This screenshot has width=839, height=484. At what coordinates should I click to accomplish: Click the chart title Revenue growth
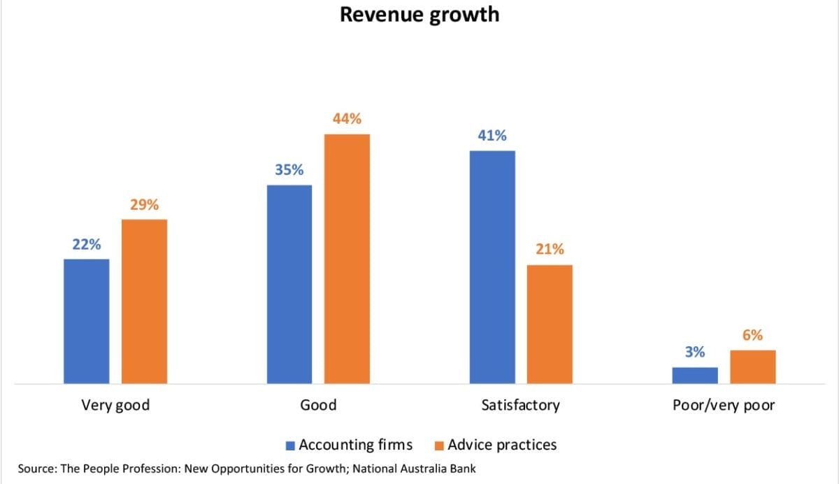point(419,14)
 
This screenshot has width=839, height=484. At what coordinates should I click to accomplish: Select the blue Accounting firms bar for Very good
point(86,321)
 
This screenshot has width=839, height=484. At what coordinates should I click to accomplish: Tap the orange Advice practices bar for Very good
point(144,301)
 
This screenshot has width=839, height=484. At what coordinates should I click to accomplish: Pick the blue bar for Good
point(289,284)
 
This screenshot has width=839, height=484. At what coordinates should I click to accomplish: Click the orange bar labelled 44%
point(347,259)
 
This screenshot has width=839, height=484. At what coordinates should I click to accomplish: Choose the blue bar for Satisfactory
point(492,267)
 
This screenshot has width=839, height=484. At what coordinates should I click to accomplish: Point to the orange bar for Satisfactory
point(550,324)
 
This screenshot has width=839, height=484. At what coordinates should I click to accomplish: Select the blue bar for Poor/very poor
point(695,375)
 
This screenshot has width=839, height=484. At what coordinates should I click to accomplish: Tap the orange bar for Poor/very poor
point(753,366)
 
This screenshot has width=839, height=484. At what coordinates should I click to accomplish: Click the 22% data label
point(86,245)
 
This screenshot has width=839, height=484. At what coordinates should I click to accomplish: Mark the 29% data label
point(144,205)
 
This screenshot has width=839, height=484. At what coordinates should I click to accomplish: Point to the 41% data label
point(492,136)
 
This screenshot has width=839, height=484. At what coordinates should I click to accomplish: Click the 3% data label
point(695,353)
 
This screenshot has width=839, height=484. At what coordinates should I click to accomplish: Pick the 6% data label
point(753,335)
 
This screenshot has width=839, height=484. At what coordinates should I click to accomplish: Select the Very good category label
point(115,405)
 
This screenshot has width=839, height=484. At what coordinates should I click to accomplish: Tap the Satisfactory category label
point(521,405)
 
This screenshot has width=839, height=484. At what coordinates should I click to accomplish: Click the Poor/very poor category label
point(724,405)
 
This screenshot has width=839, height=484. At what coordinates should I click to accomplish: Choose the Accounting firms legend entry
point(349,445)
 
